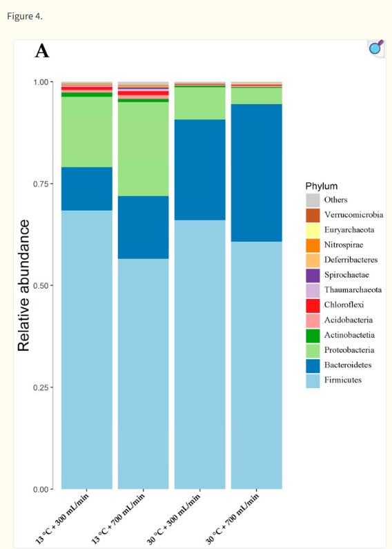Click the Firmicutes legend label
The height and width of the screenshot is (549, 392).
pos(343,380)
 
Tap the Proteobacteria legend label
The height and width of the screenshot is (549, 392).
pos(349,349)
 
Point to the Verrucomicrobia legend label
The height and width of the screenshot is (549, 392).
pos(353,215)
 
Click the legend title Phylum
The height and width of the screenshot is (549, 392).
pos(321,186)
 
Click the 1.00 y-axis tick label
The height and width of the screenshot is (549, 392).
pos(43,82)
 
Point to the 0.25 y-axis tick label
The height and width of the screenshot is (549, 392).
pos(43,387)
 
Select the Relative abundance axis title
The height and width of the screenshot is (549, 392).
pos(23,285)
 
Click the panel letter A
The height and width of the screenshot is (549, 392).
pos(42,51)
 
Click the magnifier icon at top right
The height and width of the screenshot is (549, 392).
pos(375,48)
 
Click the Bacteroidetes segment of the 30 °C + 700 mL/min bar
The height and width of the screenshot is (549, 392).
pos(256,173)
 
